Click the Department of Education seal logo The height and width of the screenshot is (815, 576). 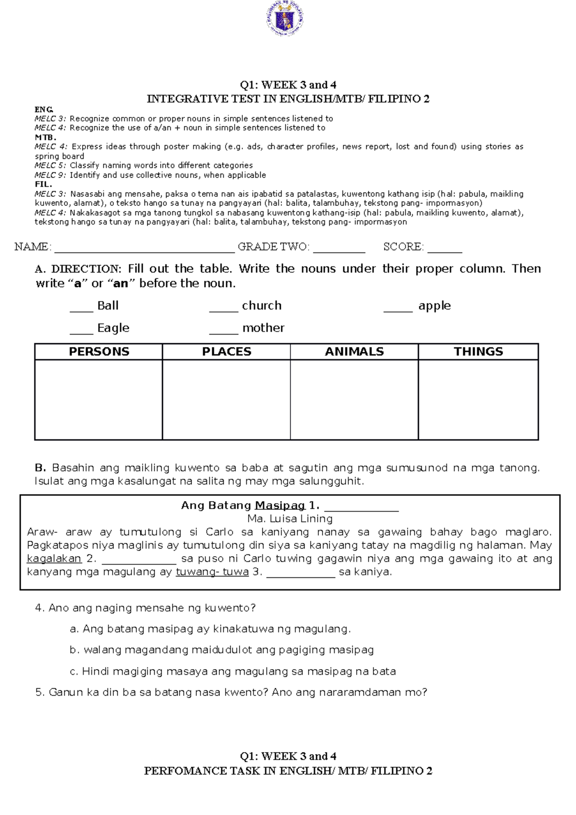pos(285,19)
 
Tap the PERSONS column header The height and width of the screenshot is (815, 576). pos(99,352)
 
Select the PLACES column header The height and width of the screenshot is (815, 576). pos(227,352)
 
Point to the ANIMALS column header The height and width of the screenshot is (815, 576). pos(354,352)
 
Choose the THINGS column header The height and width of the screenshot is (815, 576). pos(478,352)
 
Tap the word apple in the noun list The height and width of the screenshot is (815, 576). pos(434,306)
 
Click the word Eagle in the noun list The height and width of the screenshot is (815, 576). pos(113,328)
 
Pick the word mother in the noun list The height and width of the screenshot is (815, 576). pos(263,328)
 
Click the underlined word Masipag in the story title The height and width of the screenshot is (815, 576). pos(280,505)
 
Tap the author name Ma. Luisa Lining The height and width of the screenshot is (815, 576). pos(290,519)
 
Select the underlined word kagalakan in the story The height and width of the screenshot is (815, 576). pos(54,559)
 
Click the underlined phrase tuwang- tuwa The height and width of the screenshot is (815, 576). pos(212,572)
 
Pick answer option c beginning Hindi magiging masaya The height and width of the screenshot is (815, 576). pos(233,671)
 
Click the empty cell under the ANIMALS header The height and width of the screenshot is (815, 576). pos(354,399)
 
